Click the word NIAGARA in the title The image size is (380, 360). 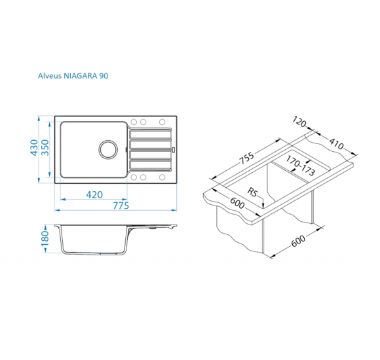click(x=81, y=76)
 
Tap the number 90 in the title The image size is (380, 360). click(x=104, y=76)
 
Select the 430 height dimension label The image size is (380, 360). click(x=34, y=148)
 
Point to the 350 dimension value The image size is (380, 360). click(x=45, y=148)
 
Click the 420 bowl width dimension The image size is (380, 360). click(x=94, y=194)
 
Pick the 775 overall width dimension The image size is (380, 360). click(x=121, y=206)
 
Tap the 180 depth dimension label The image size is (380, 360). click(x=45, y=238)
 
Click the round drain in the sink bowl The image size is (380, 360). click(x=108, y=149)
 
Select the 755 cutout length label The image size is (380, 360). click(x=247, y=158)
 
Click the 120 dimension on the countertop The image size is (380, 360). click(x=299, y=122)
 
